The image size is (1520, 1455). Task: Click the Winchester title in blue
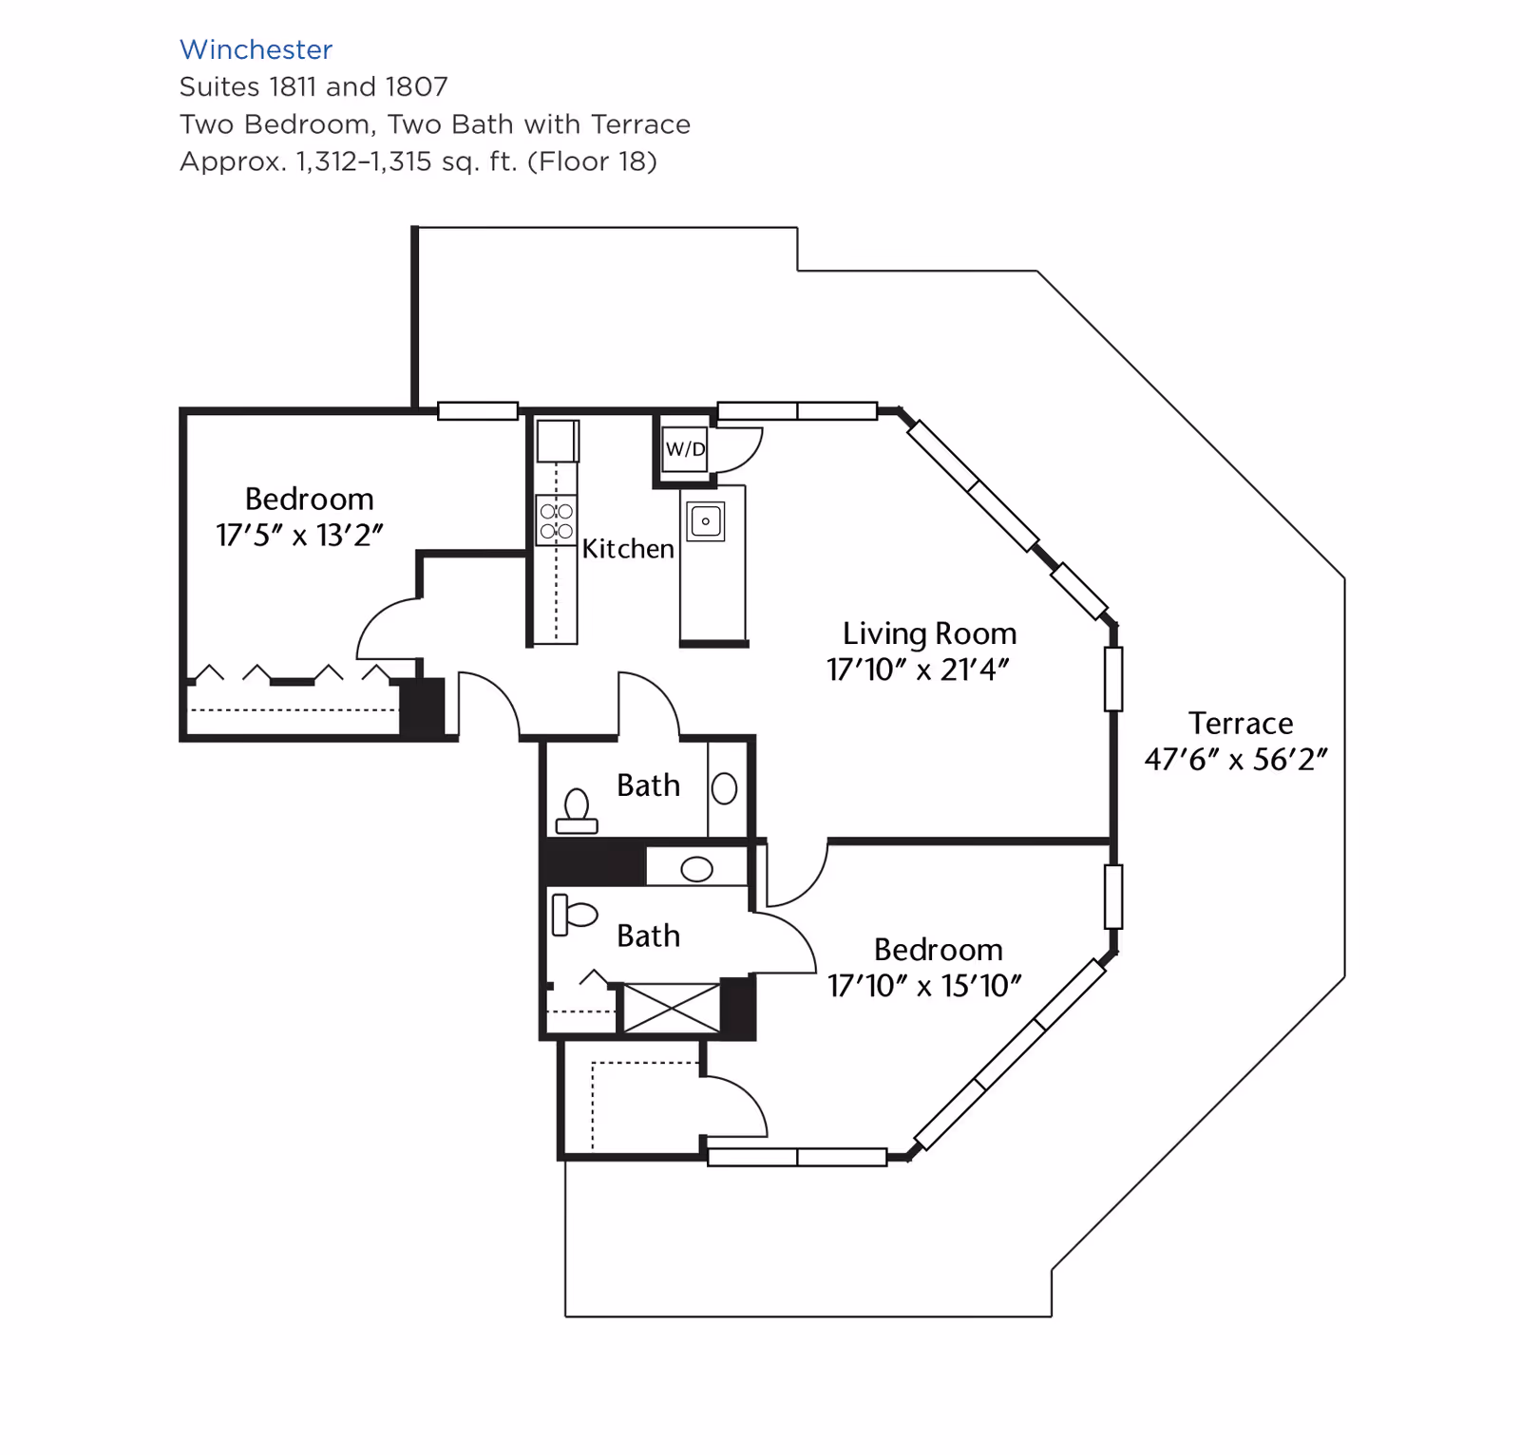tap(256, 49)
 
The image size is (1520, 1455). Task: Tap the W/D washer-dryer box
tap(685, 449)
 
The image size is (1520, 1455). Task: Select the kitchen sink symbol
tap(705, 521)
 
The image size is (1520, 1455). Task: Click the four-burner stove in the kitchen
tap(557, 520)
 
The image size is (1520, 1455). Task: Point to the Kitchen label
tap(627, 549)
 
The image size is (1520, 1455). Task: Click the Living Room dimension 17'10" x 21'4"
tap(918, 670)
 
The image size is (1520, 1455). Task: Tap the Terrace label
tap(1240, 724)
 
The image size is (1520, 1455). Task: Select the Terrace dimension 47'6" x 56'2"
tap(1235, 760)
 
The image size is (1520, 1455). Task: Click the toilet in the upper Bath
tap(577, 812)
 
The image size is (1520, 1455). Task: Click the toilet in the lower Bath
tap(574, 915)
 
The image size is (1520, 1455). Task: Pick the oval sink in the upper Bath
tap(724, 788)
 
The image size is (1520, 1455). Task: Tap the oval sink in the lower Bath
tap(696, 869)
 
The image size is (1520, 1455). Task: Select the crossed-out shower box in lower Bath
tap(671, 1009)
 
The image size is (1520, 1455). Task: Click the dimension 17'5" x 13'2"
tap(299, 536)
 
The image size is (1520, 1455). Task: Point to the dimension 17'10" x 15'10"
tap(923, 986)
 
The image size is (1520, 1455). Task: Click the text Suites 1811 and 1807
tap(313, 86)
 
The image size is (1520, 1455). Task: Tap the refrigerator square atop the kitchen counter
tap(557, 441)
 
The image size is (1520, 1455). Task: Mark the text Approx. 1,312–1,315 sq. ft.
tap(418, 161)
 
